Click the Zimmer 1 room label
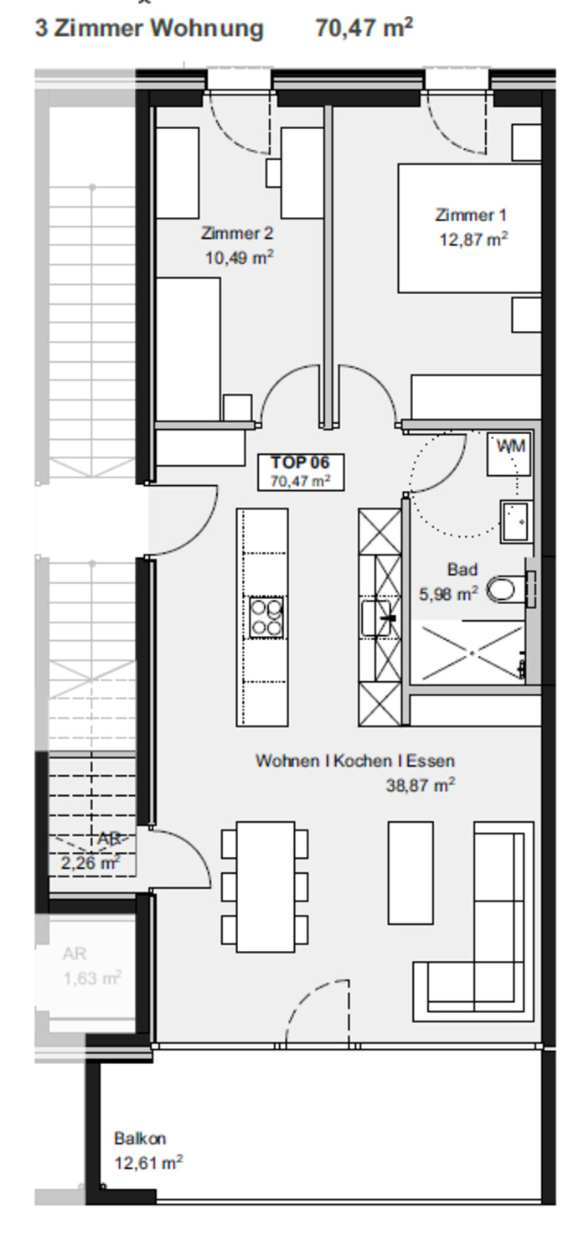(x=471, y=214)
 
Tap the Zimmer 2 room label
(x=237, y=233)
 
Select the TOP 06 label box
(x=301, y=472)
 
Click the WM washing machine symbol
(x=507, y=454)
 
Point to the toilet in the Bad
(x=505, y=590)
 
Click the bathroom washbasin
(x=516, y=521)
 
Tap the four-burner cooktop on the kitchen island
(x=266, y=617)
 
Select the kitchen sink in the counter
(x=376, y=617)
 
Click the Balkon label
(x=140, y=1138)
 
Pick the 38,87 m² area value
(x=420, y=784)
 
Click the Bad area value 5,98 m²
(x=448, y=594)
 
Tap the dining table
(x=265, y=886)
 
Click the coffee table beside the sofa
(x=411, y=873)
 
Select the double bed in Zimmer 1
(x=469, y=228)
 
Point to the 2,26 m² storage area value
(x=90, y=862)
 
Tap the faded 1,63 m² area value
(x=92, y=978)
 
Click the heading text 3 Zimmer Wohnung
(x=149, y=28)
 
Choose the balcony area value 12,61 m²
(x=148, y=1163)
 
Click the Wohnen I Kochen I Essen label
(x=354, y=761)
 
